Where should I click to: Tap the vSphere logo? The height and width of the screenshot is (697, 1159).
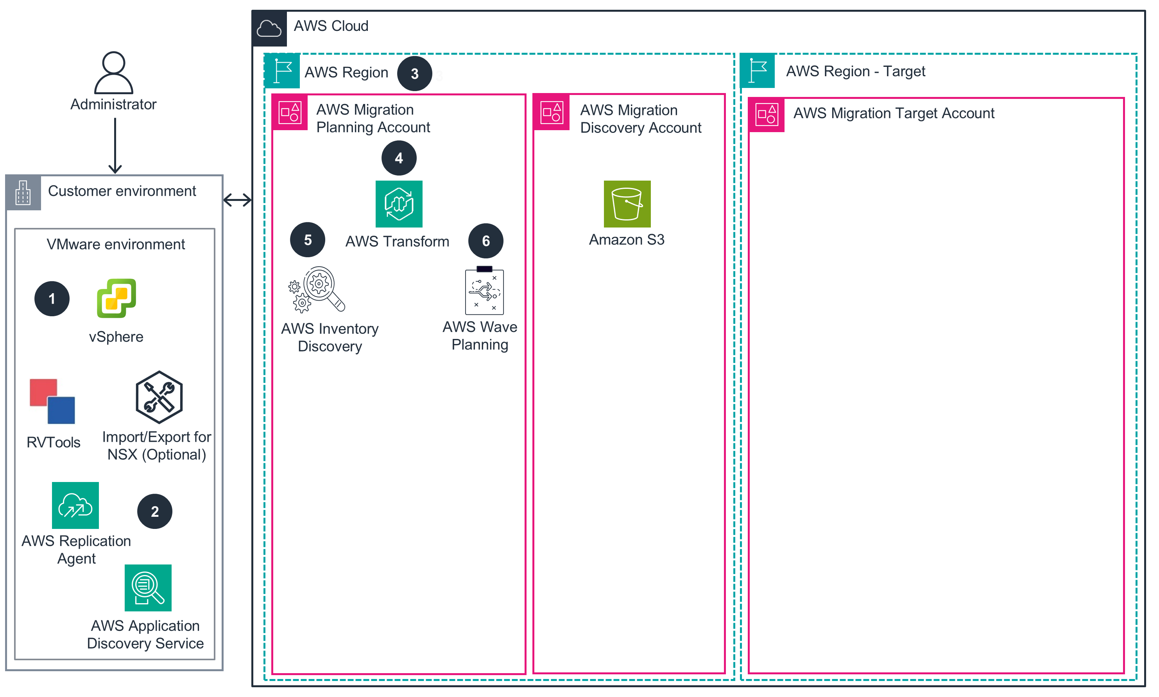click(116, 298)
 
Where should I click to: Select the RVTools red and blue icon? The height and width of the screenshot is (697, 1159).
click(52, 401)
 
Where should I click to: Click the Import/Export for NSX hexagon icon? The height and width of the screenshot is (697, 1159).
click(159, 397)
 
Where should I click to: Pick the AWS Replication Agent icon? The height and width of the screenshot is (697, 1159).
click(75, 505)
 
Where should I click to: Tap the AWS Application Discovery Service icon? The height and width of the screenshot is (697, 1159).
click(148, 588)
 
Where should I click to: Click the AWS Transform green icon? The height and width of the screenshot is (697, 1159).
click(399, 204)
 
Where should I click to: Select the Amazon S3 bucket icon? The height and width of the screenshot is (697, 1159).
click(627, 204)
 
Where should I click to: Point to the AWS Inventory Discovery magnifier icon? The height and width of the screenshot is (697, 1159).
click(317, 290)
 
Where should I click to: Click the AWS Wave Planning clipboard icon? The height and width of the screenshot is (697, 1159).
click(484, 291)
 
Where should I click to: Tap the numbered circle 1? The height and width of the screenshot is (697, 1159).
click(52, 299)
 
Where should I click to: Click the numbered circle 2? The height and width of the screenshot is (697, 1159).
click(154, 511)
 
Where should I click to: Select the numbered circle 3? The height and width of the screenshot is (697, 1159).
click(414, 74)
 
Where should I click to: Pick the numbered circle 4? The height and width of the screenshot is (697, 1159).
click(399, 158)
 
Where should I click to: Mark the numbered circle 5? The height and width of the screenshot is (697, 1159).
click(308, 240)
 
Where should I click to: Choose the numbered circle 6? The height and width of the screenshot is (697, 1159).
click(485, 241)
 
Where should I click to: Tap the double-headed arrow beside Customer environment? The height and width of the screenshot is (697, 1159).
click(237, 200)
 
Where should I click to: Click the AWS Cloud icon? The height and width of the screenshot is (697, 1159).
click(269, 29)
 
